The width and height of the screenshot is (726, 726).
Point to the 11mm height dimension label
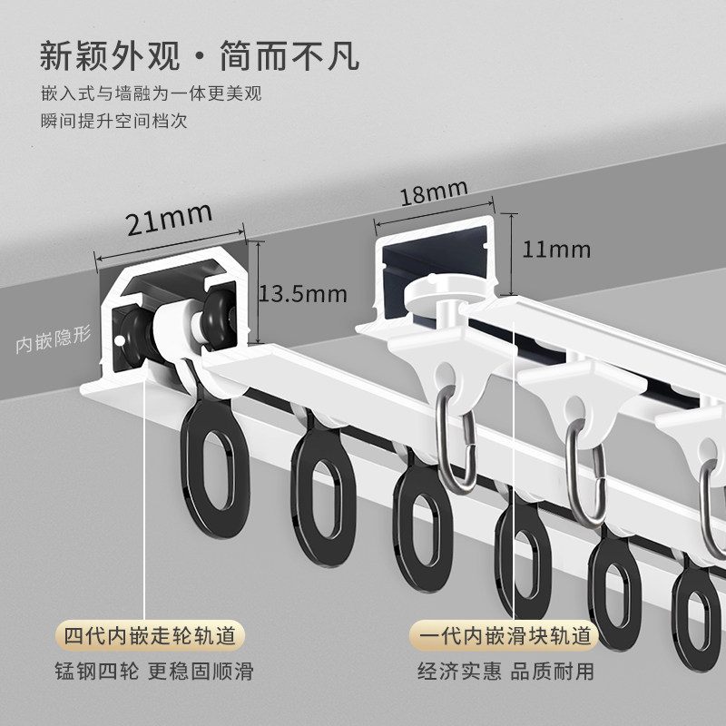point(556,249)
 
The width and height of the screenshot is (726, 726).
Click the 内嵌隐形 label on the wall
point(54,344)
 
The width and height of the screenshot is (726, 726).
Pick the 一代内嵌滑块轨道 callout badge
point(505,635)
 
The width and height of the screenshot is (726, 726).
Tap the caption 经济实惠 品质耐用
point(505,672)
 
